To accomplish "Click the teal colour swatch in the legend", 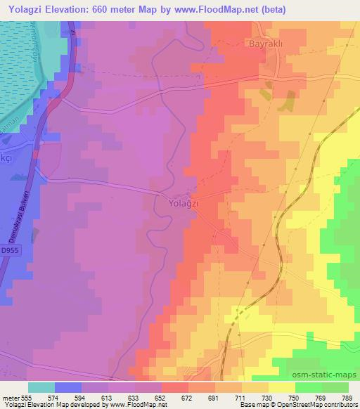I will coord(41,387).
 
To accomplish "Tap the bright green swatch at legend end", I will coord(335,387).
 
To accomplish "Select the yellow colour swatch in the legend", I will coord(282,387).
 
